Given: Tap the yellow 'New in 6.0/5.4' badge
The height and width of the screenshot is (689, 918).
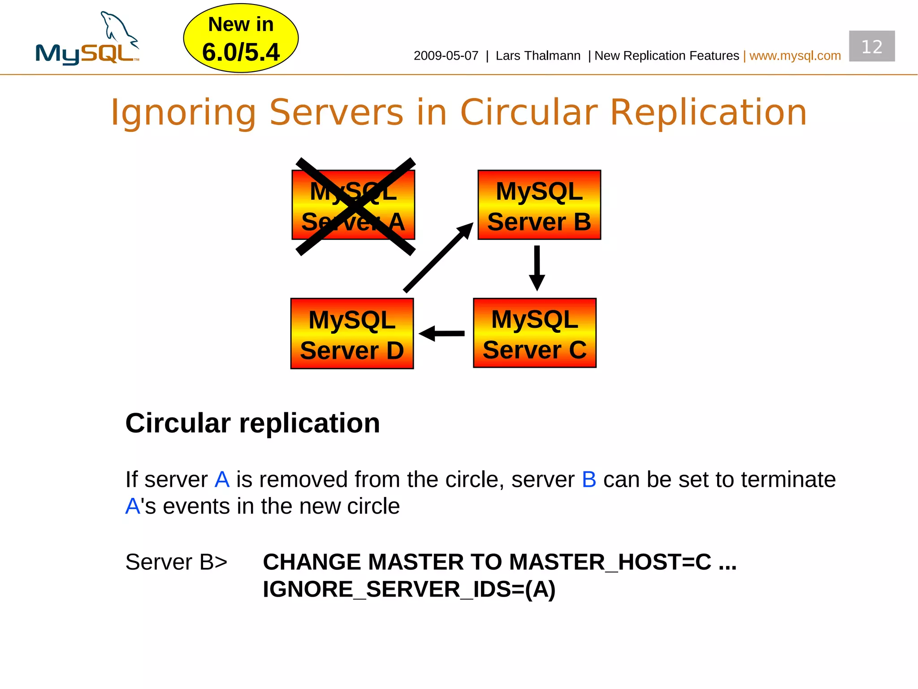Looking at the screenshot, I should pyautogui.click(x=241, y=39).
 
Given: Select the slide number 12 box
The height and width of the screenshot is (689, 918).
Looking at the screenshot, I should pyautogui.click(x=871, y=46).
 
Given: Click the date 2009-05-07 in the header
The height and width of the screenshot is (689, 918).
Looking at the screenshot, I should pyautogui.click(x=446, y=56).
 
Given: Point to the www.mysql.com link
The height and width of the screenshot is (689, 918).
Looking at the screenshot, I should pyautogui.click(x=795, y=56).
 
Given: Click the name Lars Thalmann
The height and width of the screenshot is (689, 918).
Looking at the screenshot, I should pyautogui.click(x=538, y=56).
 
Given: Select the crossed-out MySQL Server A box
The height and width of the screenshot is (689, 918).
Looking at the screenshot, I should pyautogui.click(x=353, y=205).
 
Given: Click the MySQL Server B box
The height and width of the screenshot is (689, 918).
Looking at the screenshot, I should pyautogui.click(x=539, y=205).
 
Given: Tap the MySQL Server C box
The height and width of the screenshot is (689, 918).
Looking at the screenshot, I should pyautogui.click(x=534, y=333).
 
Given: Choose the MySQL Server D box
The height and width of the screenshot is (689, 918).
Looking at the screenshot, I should pyautogui.click(x=352, y=334).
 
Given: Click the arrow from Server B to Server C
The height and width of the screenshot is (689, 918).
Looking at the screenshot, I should pyautogui.click(x=537, y=268).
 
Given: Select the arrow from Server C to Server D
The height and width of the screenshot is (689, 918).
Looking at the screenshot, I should pyautogui.click(x=442, y=333).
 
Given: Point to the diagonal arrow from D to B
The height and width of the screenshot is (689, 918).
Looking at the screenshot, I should pyautogui.click(x=438, y=258).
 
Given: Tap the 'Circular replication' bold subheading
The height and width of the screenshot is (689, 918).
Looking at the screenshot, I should pyautogui.click(x=252, y=423).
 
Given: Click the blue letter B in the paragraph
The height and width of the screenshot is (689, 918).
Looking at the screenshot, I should pyautogui.click(x=589, y=480).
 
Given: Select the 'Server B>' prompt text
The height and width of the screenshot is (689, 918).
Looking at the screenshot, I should pyautogui.click(x=176, y=562).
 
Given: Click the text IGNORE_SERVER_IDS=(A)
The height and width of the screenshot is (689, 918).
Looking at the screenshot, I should pyautogui.click(x=409, y=589).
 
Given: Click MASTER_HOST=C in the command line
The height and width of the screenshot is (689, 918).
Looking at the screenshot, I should pyautogui.click(x=610, y=562).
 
